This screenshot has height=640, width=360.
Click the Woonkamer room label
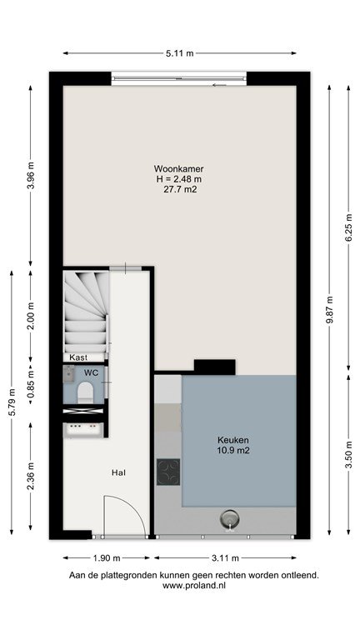[x=179, y=168]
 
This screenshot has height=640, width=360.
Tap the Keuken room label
[x=233, y=440]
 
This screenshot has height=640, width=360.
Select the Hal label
[x=118, y=473]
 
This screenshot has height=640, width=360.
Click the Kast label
[x=78, y=357]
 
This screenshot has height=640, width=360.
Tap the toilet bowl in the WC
[x=85, y=392]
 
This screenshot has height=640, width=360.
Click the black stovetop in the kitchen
[x=168, y=472]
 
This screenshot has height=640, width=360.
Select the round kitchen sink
[x=230, y=519]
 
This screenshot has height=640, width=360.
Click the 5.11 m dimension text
[x=180, y=53]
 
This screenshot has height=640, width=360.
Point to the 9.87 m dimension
[x=329, y=309]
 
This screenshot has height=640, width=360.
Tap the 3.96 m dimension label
[x=31, y=177]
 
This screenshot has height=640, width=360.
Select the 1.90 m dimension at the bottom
[x=106, y=557]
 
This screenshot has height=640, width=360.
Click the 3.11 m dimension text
[x=225, y=557]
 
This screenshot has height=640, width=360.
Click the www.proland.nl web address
[x=194, y=585]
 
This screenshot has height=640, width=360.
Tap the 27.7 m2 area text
[x=180, y=189]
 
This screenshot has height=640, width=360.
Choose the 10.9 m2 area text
[x=233, y=451]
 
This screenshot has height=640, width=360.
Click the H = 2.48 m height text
[x=179, y=179]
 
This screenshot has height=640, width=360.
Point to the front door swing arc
[x=135, y=508]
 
